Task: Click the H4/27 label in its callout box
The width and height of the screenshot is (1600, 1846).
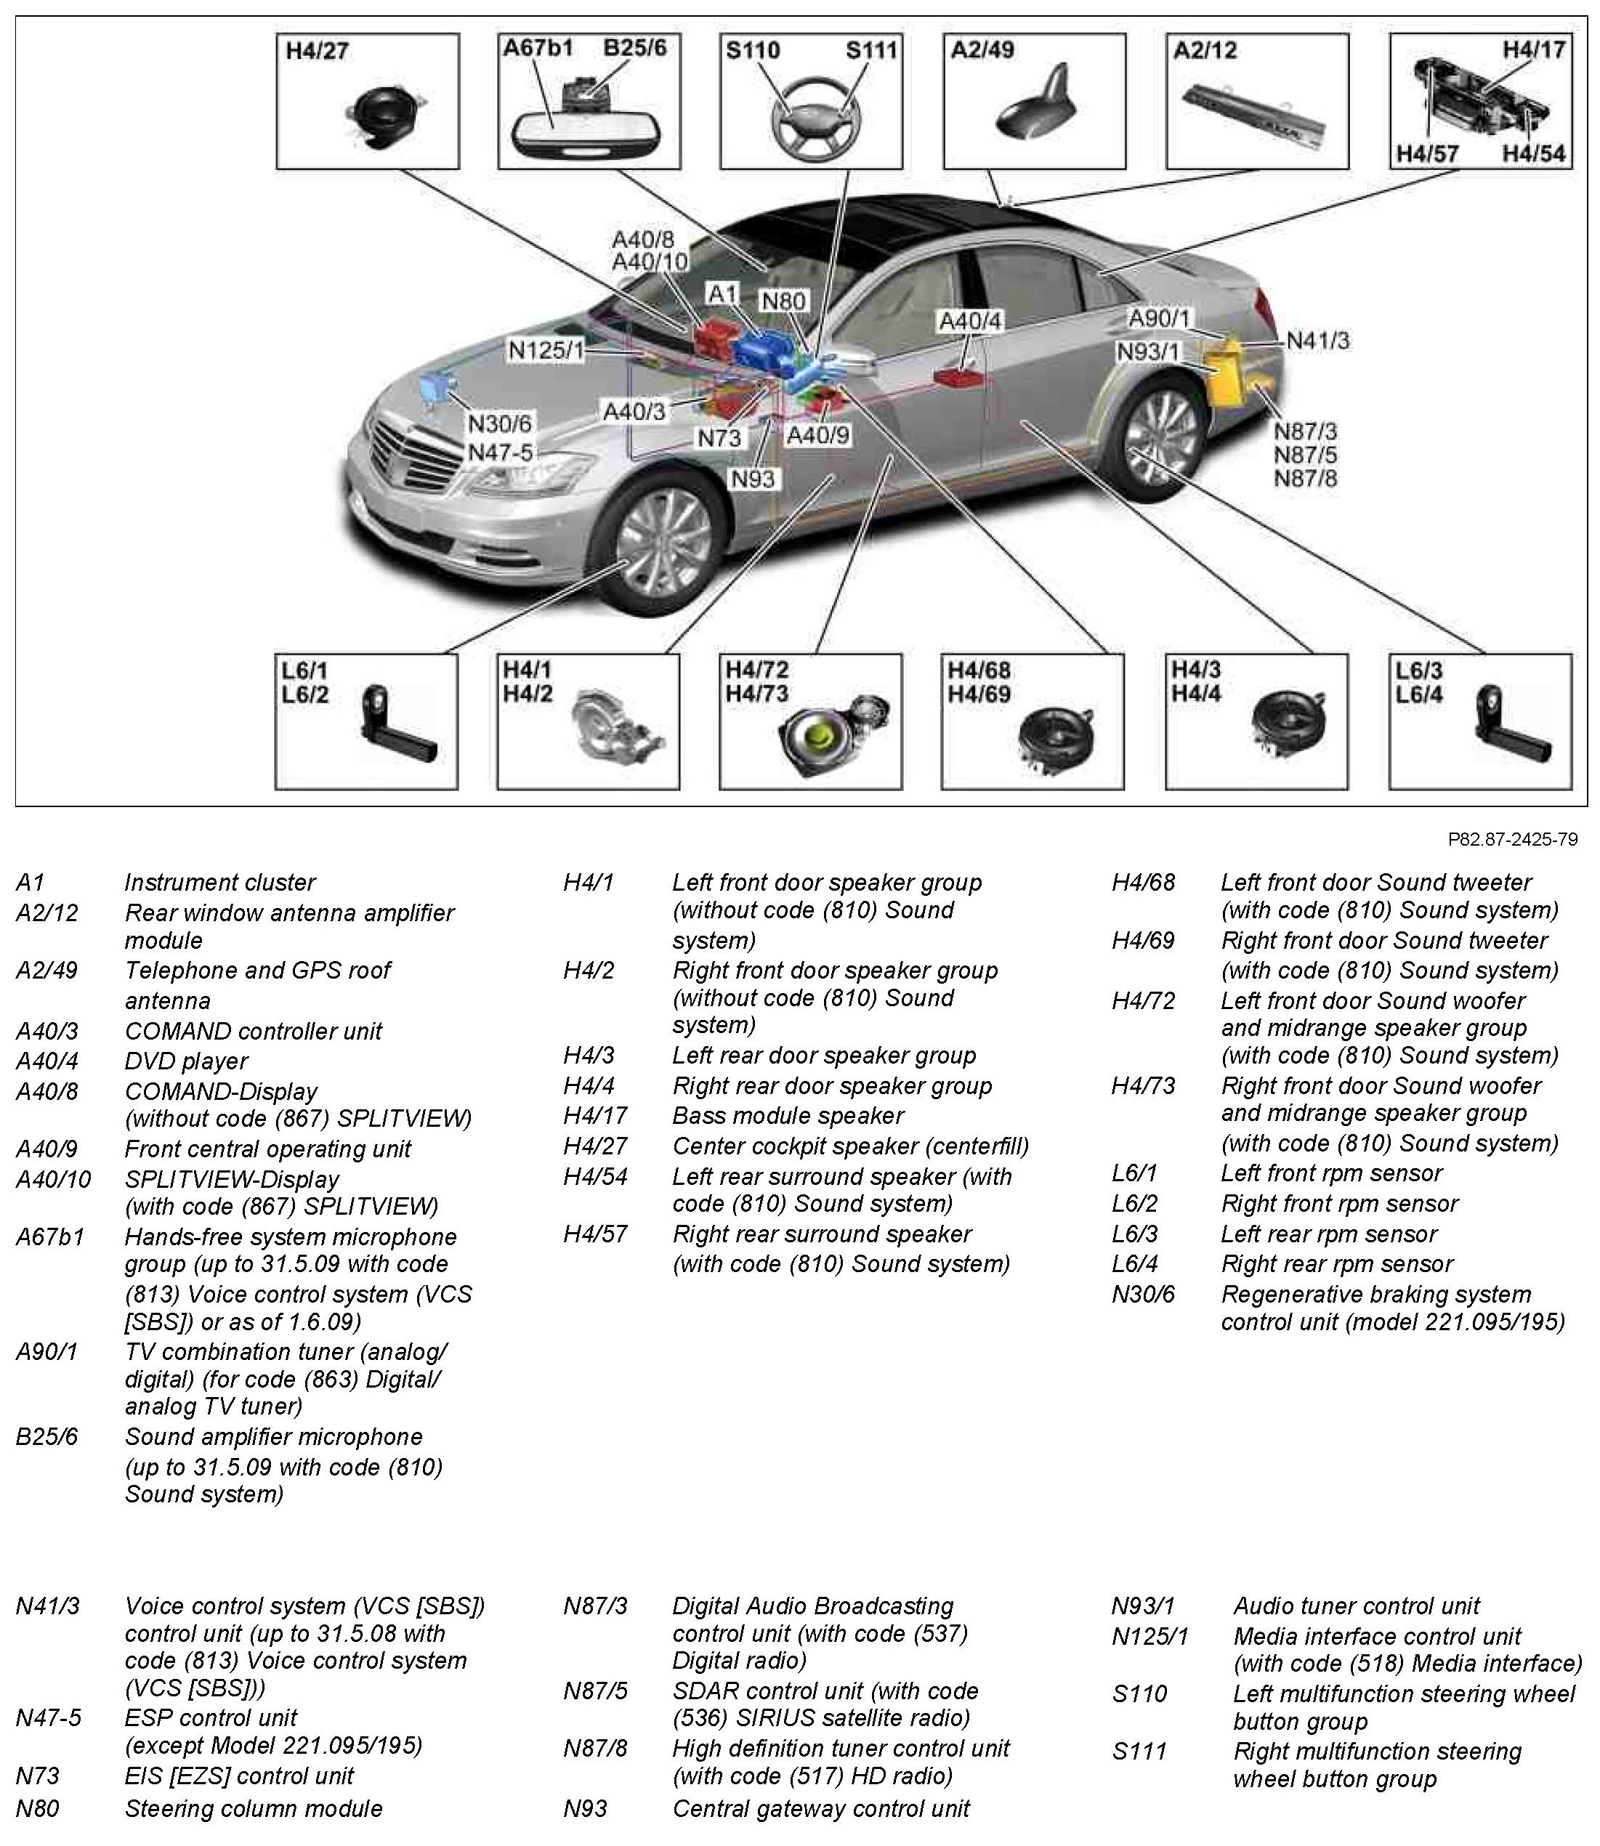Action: [317, 51]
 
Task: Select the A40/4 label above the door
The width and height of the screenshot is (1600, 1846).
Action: [971, 321]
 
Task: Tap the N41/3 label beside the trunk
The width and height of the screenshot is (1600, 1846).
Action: [1318, 340]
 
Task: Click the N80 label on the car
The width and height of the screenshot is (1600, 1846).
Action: [784, 301]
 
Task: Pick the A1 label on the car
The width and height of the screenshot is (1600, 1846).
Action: [722, 294]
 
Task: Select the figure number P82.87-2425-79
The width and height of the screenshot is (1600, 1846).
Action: [1513, 839]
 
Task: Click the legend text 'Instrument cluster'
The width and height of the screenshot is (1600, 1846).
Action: [219, 883]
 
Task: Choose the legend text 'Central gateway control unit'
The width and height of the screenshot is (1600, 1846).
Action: [820, 1810]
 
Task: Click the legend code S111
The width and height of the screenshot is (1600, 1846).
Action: [1139, 1752]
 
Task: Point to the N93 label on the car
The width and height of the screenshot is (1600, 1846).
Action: [753, 479]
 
